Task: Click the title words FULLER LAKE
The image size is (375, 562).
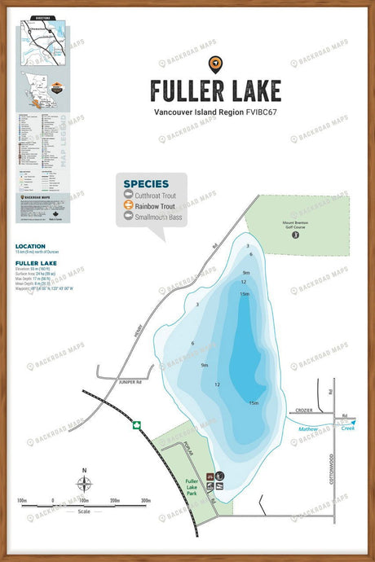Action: [x=216, y=90]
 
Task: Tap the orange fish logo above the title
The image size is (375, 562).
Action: [x=216, y=62]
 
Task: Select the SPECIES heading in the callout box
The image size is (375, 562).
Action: [x=147, y=184]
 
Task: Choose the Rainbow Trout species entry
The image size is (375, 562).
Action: [x=155, y=207]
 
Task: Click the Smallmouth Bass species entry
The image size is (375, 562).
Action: [x=158, y=218]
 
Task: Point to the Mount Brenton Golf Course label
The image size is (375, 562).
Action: [x=296, y=224]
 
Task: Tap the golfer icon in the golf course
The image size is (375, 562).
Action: [x=296, y=235]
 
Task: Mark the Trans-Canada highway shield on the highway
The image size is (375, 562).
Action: [x=137, y=424]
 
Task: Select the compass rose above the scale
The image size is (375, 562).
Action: [x=85, y=485]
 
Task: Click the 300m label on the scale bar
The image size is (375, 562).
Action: [x=146, y=500]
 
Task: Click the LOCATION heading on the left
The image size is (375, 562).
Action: [x=31, y=245]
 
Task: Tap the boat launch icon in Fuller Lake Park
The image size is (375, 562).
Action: [x=210, y=487]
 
